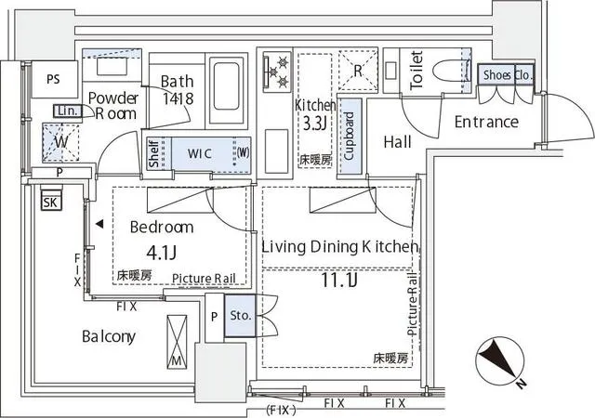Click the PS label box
[x=54, y=79]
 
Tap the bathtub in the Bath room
[x=227, y=90]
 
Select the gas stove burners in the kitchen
[x=277, y=71]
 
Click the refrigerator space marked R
[x=358, y=71]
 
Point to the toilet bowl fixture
[x=449, y=71]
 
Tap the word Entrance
[x=486, y=122]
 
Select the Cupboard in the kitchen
[x=350, y=137]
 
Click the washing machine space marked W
[x=60, y=143]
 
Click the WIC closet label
[x=200, y=153]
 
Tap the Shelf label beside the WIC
[x=153, y=153]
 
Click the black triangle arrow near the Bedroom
[x=99, y=224]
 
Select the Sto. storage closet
[x=240, y=316]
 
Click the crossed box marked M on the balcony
[x=177, y=342]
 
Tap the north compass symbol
[x=501, y=362]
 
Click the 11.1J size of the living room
[x=338, y=280]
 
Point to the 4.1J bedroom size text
[x=161, y=253]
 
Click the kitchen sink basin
[x=277, y=151]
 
